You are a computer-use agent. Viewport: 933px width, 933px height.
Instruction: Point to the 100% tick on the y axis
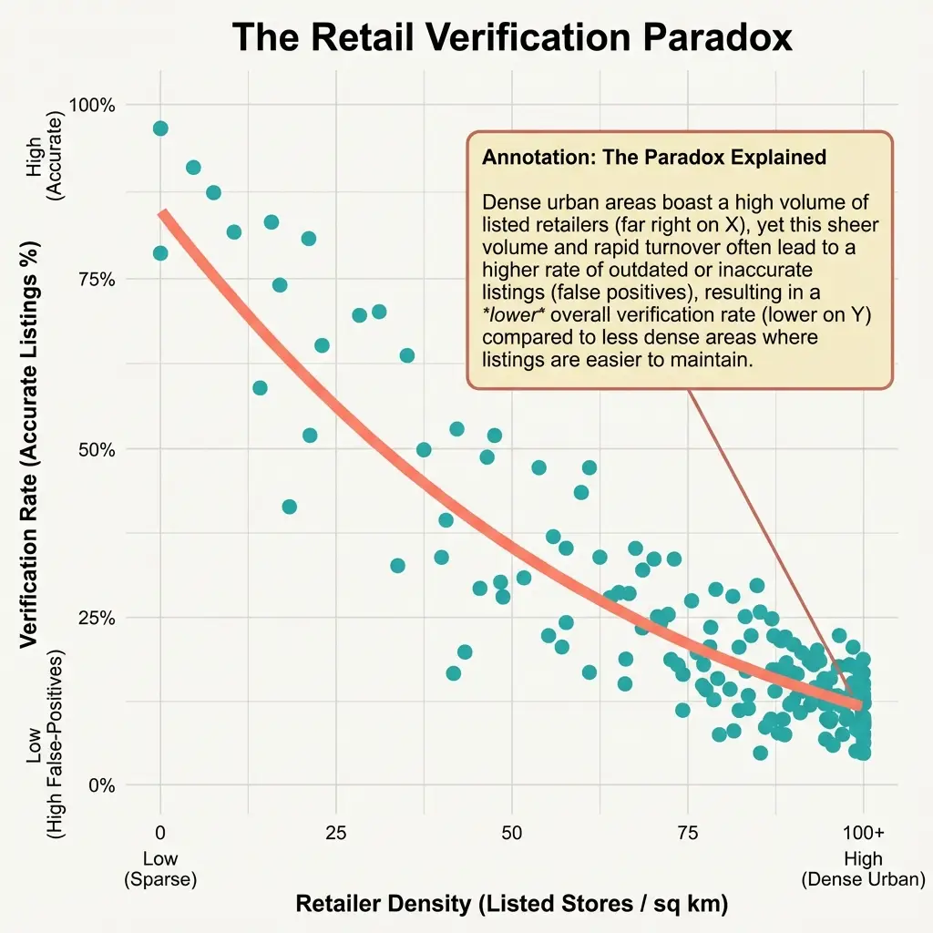pos(94,105)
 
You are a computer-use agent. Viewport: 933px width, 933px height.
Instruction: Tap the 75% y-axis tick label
pos(97,279)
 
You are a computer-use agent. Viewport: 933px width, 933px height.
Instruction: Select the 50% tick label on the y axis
pos(97,448)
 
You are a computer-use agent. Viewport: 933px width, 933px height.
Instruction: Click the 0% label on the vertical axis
pos(102,785)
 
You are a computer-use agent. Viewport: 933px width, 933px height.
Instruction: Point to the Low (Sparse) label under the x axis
pos(160,869)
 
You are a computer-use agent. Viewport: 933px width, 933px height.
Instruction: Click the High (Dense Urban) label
pos(862,869)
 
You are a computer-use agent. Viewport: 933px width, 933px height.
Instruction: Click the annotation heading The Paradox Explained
pos(653,157)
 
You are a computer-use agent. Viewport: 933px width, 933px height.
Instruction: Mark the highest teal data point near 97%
pos(160,128)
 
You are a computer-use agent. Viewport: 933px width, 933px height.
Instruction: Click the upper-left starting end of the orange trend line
pos(163,214)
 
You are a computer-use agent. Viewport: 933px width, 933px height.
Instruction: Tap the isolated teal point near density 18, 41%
pos(290,507)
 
